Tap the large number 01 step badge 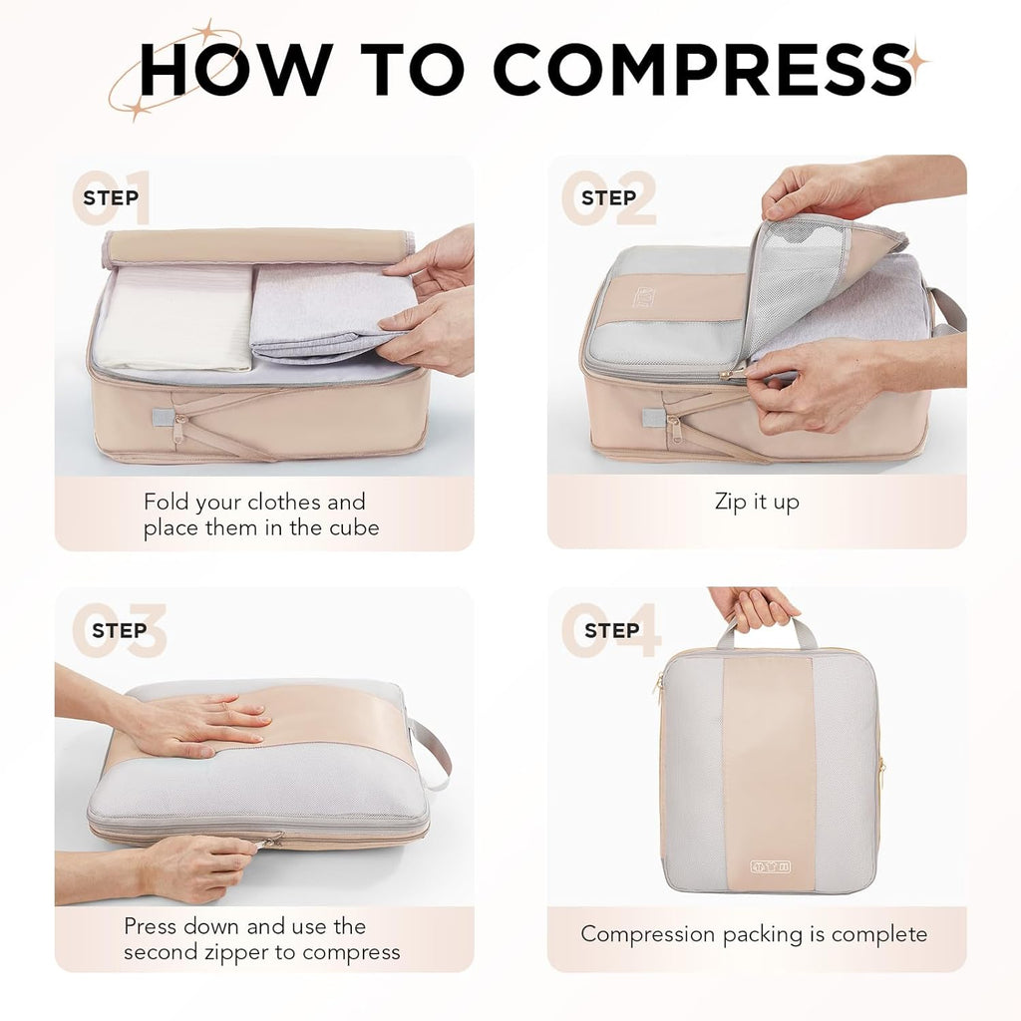[x=112, y=197]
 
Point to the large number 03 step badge [x=119, y=630]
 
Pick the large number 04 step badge [x=611, y=630]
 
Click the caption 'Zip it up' [x=757, y=502]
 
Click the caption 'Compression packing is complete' [x=754, y=934]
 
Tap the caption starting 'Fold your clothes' [x=261, y=514]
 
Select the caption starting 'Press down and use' [x=261, y=939]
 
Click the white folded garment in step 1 [x=174, y=319]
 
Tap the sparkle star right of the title [x=912, y=62]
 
